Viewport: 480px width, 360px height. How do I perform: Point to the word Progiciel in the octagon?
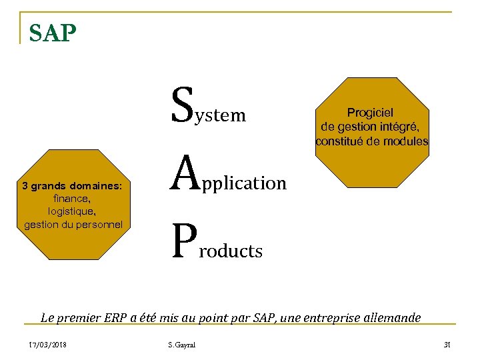[x=370, y=113]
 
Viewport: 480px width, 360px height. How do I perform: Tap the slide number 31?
[x=447, y=344]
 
